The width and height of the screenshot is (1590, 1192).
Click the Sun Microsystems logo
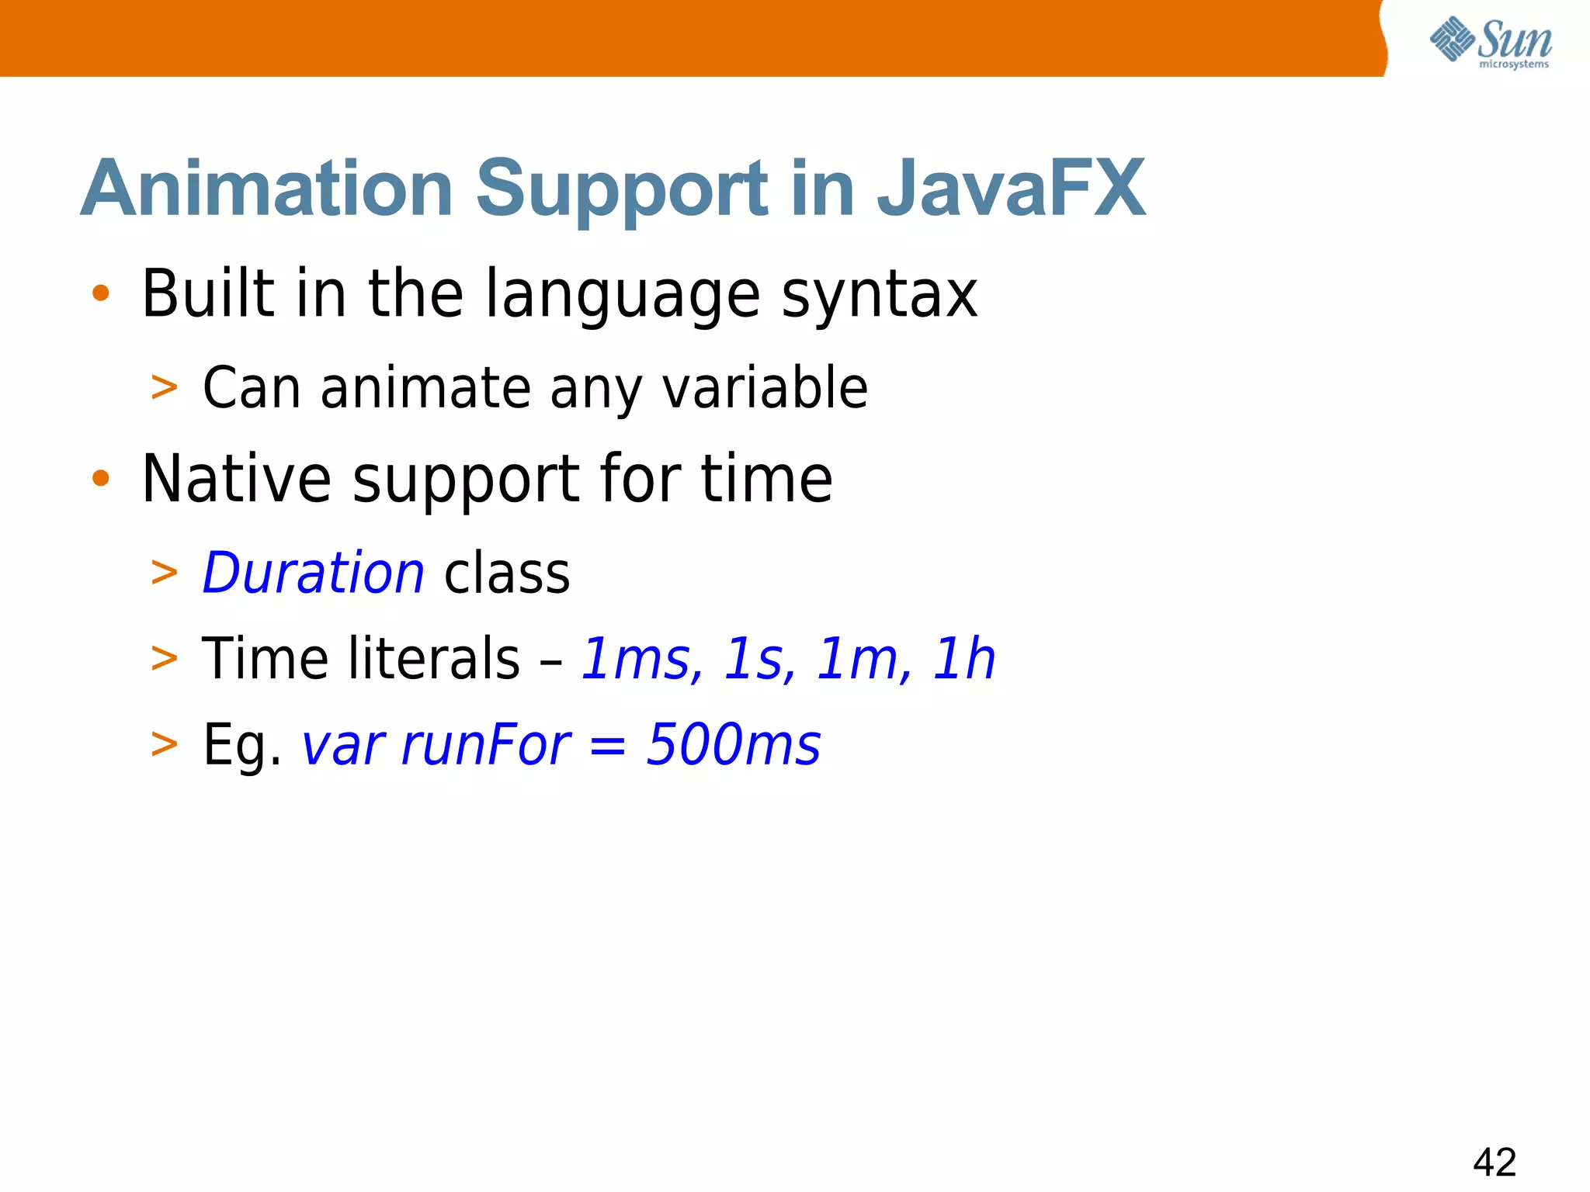pos(1490,42)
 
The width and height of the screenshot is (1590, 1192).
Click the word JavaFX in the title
pos(1011,189)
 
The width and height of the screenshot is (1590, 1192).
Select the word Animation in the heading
pos(267,189)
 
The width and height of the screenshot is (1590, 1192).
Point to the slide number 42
pos(1494,1163)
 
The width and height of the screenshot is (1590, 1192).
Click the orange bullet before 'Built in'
pos(101,293)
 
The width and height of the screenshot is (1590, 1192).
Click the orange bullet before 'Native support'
pos(101,478)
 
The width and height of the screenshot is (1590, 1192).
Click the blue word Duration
pos(313,573)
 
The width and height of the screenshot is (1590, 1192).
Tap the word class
pos(507,573)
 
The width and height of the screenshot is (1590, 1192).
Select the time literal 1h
pos(963,659)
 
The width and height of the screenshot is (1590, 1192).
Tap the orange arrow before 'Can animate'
pos(165,387)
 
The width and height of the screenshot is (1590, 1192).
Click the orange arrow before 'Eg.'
pos(165,744)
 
